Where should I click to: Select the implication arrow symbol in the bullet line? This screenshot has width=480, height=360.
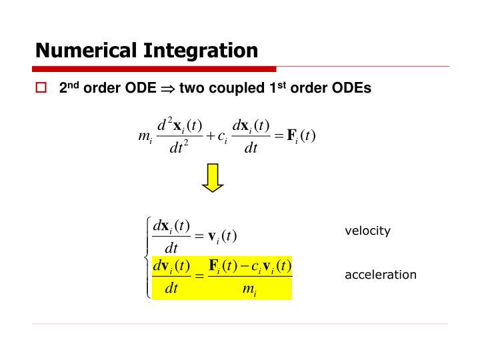tap(167, 89)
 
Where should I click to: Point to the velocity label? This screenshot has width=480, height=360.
tap(367, 231)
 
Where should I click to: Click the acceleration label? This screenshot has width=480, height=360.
tap(380, 275)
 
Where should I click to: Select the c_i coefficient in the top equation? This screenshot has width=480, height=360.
tap(223, 137)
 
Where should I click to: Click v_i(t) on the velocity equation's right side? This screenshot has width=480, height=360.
tap(223, 236)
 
